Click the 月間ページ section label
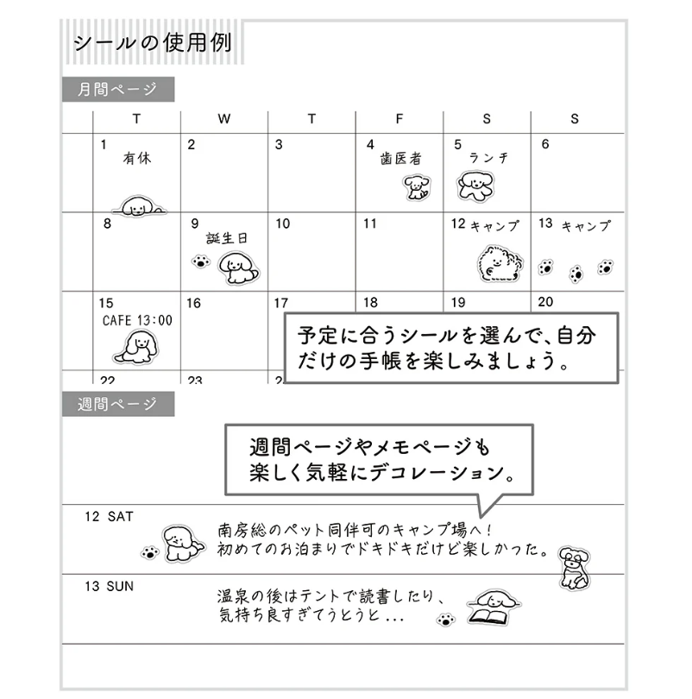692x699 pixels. coord(117,89)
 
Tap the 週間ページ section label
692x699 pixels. coord(117,404)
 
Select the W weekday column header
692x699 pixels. coord(224,119)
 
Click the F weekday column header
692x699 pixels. coord(399,119)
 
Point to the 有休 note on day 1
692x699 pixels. coord(137,158)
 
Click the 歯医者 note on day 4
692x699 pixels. coord(401,159)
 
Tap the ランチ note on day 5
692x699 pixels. coord(489,158)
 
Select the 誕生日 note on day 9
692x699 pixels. coord(227,238)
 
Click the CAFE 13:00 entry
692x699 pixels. coord(137,320)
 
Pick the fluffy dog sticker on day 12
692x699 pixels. coord(500,264)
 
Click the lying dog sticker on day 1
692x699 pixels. coord(139,206)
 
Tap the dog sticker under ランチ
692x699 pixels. coord(476,186)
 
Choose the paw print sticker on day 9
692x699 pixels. coord(201,261)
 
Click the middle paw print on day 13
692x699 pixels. coord(576,274)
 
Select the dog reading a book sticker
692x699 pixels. coord(494,608)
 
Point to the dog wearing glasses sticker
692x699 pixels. coord(575,568)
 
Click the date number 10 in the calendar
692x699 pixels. coord(282,224)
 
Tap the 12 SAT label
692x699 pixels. coord(110,517)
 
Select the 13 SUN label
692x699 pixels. coord(110,586)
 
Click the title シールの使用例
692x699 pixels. coord(153,43)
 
